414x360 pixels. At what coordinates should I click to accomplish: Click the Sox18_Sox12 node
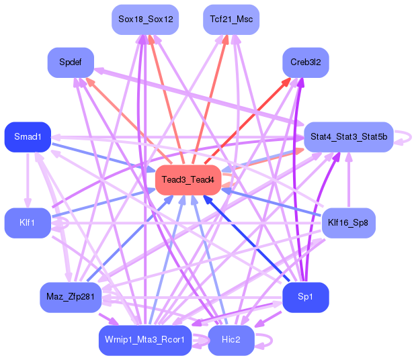coord(145,19)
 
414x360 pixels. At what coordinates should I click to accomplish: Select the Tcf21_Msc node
coord(231,19)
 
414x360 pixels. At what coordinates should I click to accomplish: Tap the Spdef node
coord(70,62)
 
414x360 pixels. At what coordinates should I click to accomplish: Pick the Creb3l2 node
coord(305,62)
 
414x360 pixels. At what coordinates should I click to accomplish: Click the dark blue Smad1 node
coord(28,137)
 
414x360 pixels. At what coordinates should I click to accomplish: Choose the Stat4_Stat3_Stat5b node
coord(348,137)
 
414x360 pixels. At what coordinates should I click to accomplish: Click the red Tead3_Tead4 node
coord(188,179)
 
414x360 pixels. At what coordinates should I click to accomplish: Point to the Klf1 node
coord(28,222)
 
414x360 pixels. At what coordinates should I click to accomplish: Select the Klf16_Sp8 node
coord(348,222)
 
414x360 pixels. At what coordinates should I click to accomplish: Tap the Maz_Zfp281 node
coord(70,297)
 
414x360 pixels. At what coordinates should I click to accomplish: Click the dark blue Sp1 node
coord(305,297)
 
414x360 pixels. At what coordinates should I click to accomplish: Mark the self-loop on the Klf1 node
coord(63,227)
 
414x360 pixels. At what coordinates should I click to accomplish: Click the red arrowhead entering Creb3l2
coord(287,81)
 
